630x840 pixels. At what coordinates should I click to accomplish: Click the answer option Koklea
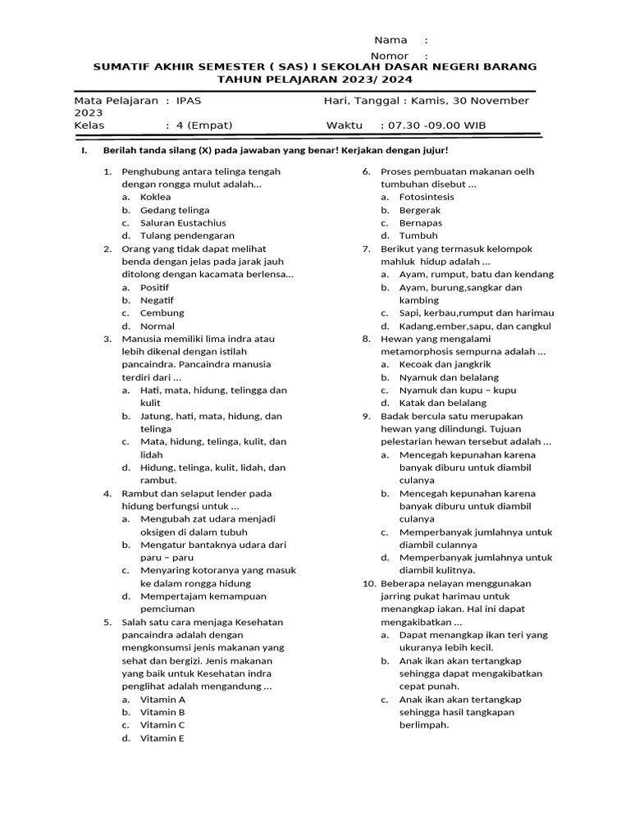(x=155, y=197)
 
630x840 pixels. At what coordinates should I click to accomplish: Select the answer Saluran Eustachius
(x=183, y=223)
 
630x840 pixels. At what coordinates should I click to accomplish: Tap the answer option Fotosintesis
(x=426, y=197)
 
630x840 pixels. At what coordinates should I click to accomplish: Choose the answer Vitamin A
(x=162, y=700)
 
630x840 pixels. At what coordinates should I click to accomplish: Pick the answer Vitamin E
(x=162, y=738)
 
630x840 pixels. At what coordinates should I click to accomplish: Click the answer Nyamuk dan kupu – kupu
(x=458, y=390)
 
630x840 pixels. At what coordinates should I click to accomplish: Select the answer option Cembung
(x=162, y=313)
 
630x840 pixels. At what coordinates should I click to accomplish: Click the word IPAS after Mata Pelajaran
(x=188, y=101)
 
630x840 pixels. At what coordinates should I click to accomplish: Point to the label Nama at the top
(x=390, y=40)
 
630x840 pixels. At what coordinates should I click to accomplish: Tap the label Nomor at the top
(x=390, y=56)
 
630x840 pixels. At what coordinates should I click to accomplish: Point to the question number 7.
(x=367, y=249)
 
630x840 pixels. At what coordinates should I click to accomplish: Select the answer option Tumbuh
(x=418, y=235)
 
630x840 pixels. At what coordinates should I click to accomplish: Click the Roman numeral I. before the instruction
(x=82, y=152)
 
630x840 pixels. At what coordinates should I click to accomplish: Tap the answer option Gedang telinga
(x=175, y=210)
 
